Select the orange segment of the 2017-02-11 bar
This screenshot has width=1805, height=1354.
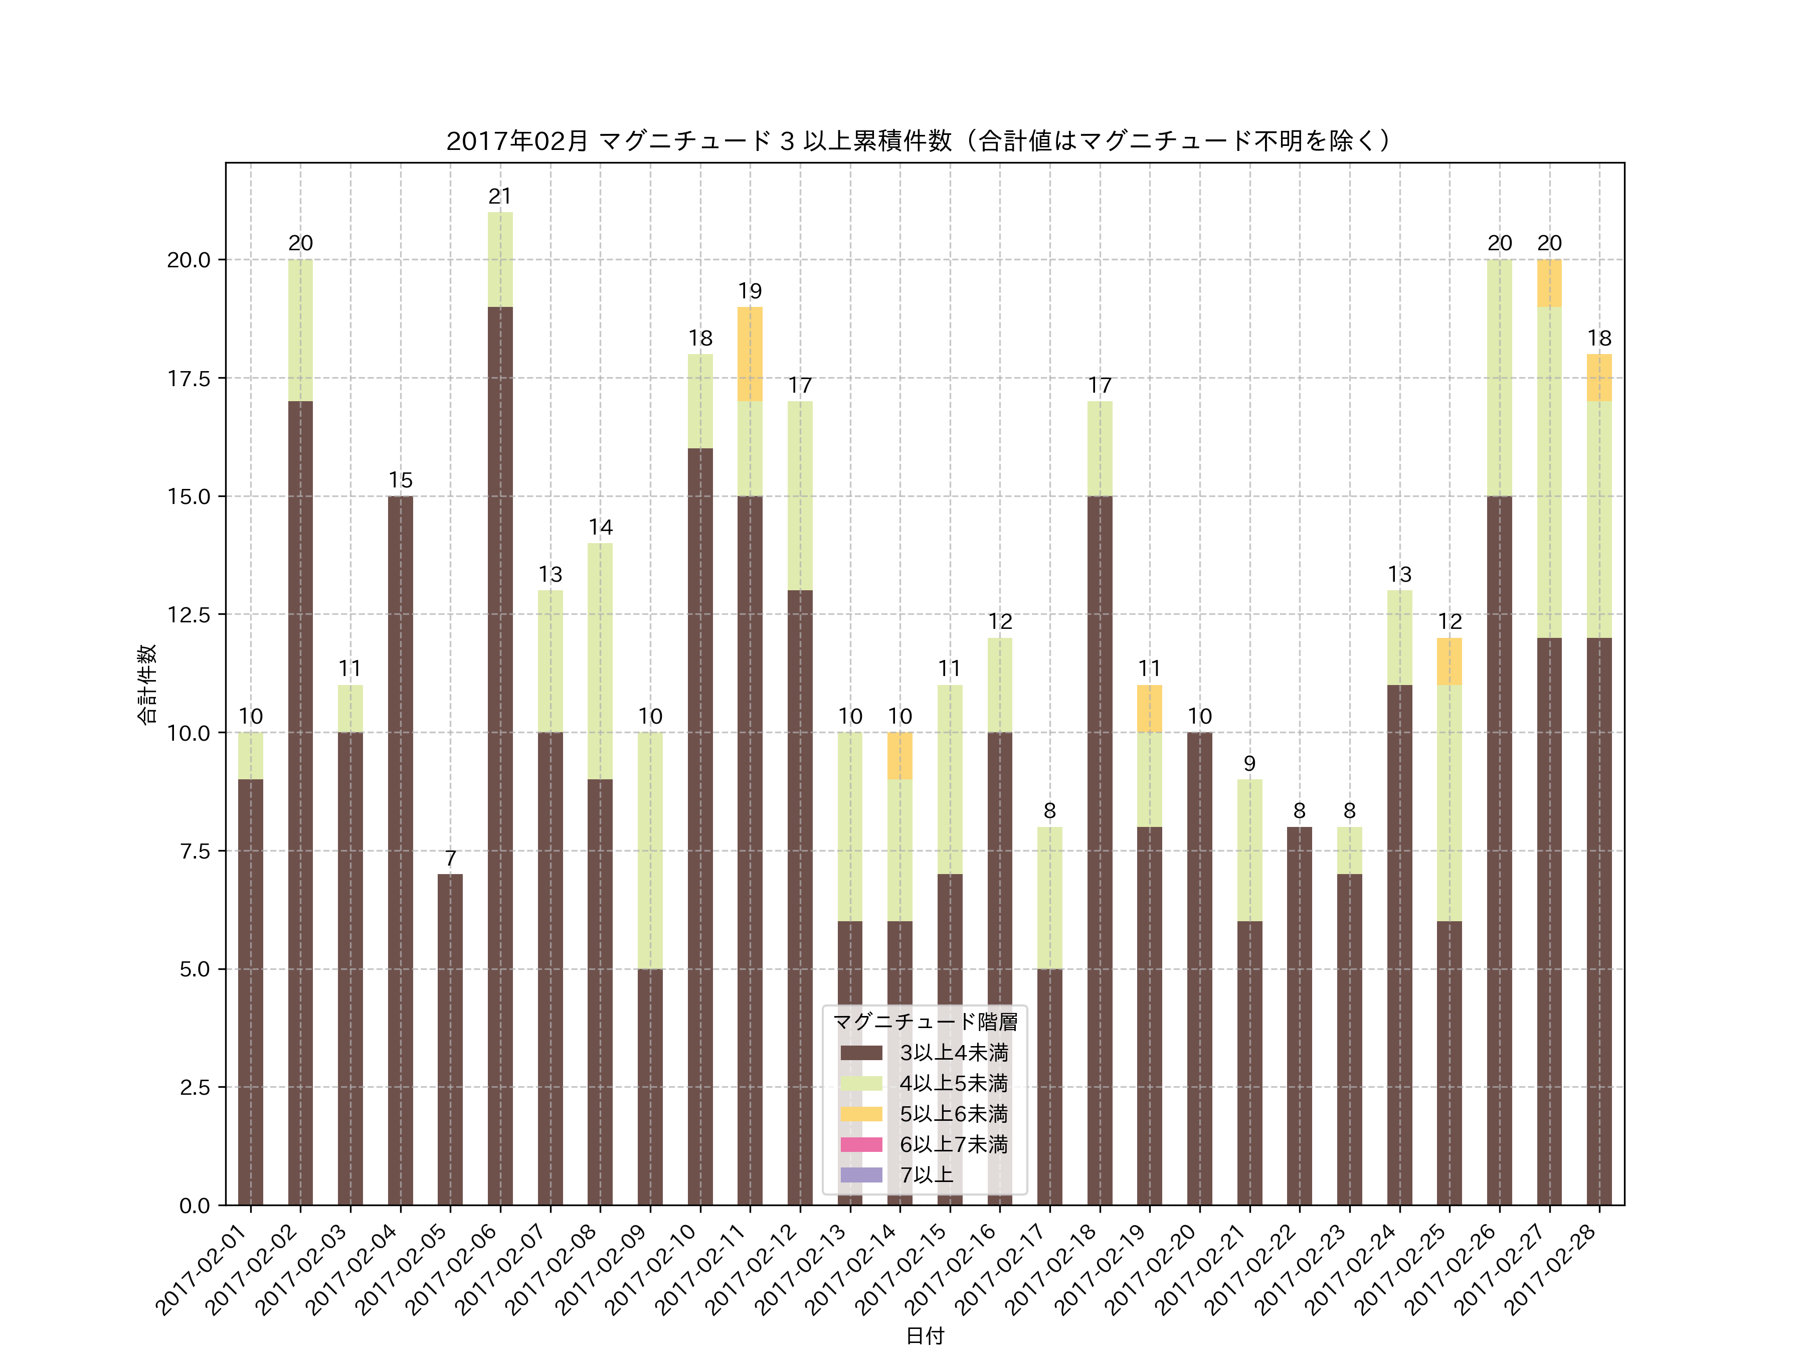point(750,354)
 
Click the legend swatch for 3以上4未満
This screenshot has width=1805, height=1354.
point(861,1053)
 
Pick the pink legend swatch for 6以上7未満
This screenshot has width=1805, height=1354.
point(861,1144)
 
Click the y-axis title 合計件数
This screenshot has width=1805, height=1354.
point(147,684)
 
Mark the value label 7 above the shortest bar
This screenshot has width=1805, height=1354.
point(450,859)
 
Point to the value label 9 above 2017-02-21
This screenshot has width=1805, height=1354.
point(1249,764)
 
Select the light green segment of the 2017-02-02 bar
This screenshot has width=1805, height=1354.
point(300,330)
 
